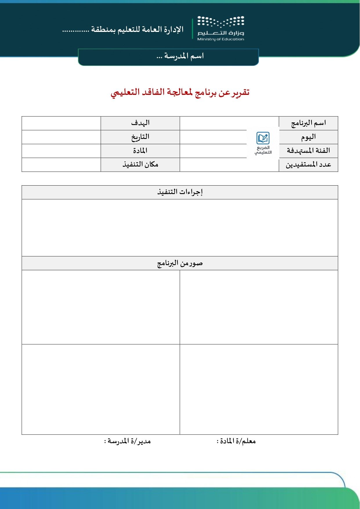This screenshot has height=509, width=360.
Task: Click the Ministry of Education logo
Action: click(220, 28)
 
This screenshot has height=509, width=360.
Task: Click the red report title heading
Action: click(180, 93)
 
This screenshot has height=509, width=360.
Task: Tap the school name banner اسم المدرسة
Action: click(180, 56)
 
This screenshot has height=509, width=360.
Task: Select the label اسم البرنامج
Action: click(308, 123)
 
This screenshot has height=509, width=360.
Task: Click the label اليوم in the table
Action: click(308, 137)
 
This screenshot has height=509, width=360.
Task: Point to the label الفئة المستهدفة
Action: click(308, 151)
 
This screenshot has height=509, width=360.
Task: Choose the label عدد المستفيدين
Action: click(308, 165)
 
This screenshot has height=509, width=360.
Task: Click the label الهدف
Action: click(140, 123)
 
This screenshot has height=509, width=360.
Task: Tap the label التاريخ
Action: click(140, 137)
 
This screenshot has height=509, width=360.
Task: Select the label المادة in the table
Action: click(140, 151)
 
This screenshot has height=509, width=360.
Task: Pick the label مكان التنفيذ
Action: click(140, 165)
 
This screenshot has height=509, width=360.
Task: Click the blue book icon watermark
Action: click(263, 138)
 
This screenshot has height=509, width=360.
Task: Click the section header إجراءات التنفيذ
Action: click(180, 192)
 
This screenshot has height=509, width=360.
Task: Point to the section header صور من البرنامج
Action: click(180, 263)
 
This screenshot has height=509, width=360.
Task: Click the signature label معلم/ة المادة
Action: click(236, 441)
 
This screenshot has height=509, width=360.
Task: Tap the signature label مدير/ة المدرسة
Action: click(127, 441)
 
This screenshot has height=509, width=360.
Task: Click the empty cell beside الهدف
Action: click(61, 123)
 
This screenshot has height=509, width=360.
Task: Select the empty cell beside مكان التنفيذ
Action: click(61, 165)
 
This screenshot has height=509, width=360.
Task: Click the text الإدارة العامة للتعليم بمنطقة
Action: click(123, 30)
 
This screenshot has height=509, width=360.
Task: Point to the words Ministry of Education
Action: click(220, 39)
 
